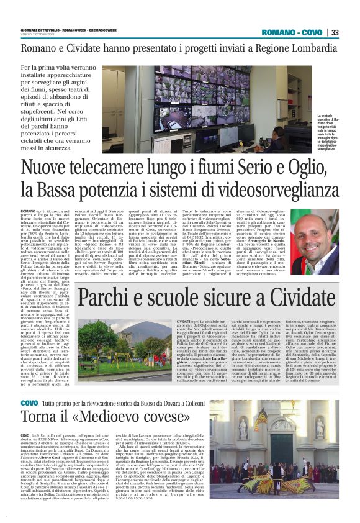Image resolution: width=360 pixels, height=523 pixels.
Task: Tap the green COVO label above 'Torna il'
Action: (29, 404)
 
